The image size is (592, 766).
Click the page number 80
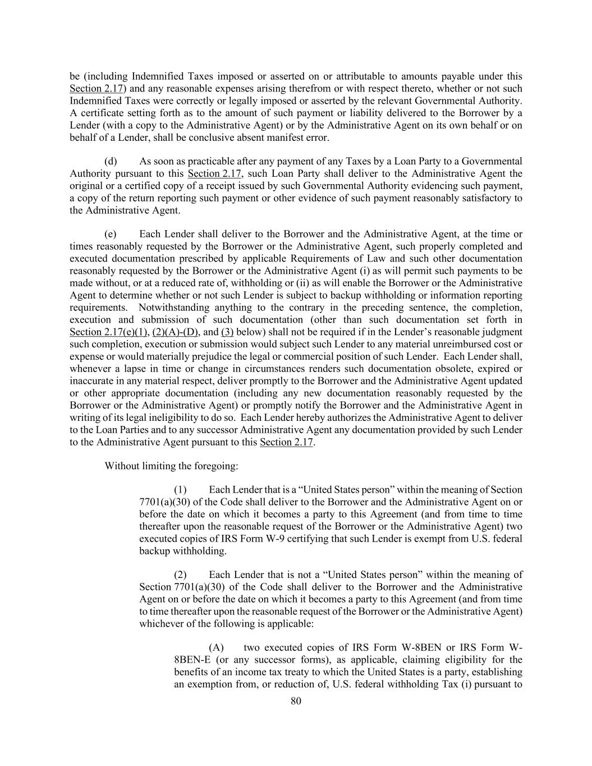[296, 700]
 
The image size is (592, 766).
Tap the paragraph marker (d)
[111, 161]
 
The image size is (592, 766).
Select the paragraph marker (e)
[111, 234]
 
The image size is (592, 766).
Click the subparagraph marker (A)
[217, 648]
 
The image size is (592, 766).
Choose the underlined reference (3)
[227, 332]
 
